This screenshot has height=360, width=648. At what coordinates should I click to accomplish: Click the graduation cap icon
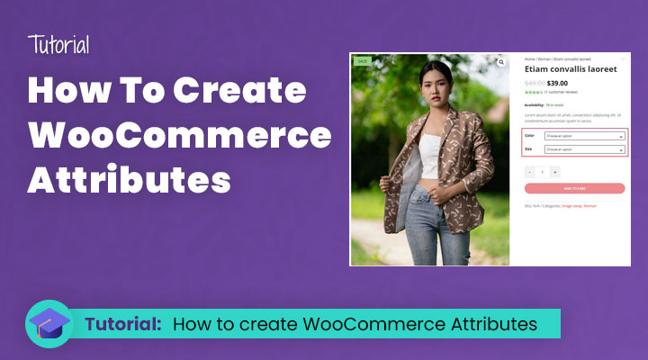tap(50, 323)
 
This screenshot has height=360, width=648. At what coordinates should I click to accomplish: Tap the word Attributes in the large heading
tap(130, 178)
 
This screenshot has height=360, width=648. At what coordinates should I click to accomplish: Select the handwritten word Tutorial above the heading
tap(58, 45)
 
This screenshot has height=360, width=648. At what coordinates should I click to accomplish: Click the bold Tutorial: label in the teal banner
tap(123, 324)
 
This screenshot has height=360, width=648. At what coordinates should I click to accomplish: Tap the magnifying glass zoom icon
tap(500, 63)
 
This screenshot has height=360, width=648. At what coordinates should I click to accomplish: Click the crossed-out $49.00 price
tap(535, 82)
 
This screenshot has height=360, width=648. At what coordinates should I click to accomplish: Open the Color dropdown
tap(584, 137)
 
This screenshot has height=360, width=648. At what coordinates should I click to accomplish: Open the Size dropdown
tap(584, 149)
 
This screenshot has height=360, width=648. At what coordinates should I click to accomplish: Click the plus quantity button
tap(554, 171)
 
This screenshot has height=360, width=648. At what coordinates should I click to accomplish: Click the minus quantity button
tap(529, 171)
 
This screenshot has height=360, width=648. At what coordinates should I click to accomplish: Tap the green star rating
tap(533, 92)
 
